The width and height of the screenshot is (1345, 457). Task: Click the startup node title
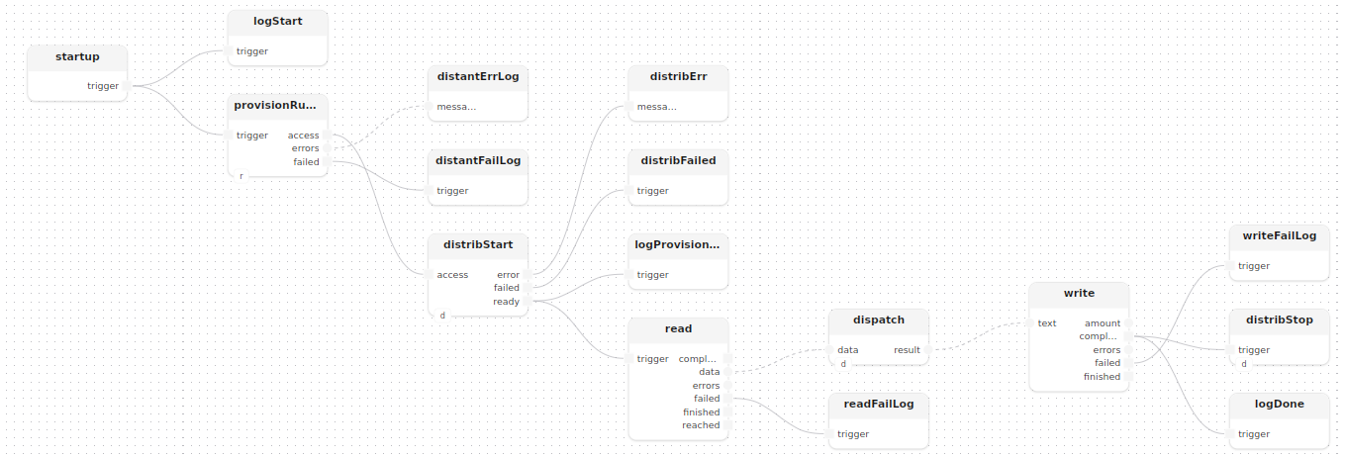click(x=77, y=57)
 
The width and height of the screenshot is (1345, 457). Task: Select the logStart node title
click(x=277, y=21)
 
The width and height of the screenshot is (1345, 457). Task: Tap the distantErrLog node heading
click(x=478, y=77)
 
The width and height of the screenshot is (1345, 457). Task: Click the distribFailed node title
click(x=678, y=160)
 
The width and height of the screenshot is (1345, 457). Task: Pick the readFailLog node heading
click(x=879, y=405)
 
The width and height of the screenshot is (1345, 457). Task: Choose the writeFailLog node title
click(x=1279, y=236)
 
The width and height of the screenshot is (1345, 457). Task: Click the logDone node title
click(x=1279, y=405)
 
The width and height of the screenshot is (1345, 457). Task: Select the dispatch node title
click(x=879, y=320)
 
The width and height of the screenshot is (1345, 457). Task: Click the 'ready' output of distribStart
click(x=528, y=302)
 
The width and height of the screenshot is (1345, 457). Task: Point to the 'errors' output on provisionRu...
click(x=328, y=148)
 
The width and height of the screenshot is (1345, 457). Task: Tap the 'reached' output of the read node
click(x=727, y=425)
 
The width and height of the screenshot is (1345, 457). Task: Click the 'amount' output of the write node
click(x=1128, y=323)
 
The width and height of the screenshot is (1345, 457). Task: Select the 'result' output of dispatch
click(x=928, y=350)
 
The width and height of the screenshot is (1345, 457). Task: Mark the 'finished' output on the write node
click(x=1128, y=377)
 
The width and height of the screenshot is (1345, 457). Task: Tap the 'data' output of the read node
click(x=727, y=372)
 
